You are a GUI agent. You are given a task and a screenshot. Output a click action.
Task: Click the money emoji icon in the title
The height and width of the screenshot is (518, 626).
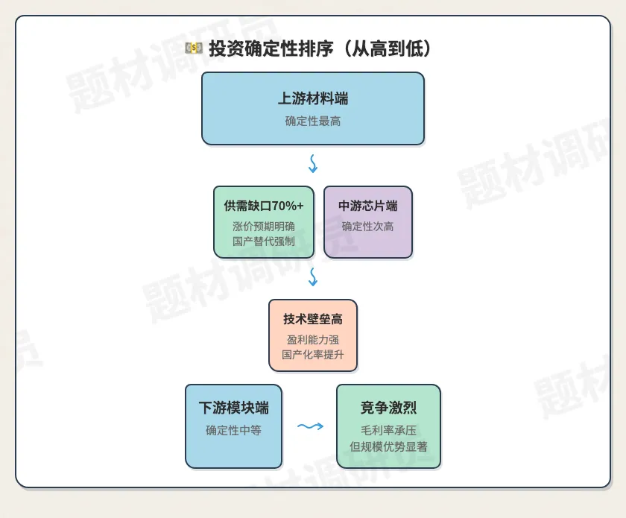194,48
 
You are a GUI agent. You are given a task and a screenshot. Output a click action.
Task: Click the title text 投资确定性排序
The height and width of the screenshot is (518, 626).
271,48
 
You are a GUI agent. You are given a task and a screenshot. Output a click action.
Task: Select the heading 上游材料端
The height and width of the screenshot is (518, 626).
313,98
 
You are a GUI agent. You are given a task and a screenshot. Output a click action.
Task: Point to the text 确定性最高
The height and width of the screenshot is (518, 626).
313,121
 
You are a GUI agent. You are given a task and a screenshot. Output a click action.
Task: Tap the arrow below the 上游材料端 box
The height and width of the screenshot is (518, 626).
313,164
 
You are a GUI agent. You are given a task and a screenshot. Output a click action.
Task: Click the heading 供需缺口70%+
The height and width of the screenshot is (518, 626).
264,206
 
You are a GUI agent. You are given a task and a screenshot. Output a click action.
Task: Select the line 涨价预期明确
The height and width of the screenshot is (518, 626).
264,227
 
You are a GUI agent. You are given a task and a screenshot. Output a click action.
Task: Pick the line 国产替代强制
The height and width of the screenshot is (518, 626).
264,241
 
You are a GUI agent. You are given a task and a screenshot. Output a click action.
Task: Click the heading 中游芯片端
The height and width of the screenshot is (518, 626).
367,206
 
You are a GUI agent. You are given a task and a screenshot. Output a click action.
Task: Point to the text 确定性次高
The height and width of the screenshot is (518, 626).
367,227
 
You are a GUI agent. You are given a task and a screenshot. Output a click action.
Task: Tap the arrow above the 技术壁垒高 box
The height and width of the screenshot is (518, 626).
313,277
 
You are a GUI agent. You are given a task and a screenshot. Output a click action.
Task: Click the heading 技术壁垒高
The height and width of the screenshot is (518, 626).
313,319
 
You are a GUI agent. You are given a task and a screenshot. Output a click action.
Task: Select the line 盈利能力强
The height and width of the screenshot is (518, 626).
313,340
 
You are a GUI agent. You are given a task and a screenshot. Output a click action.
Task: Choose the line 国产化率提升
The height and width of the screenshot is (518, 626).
313,355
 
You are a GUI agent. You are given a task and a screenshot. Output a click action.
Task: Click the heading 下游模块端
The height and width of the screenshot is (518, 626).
233,408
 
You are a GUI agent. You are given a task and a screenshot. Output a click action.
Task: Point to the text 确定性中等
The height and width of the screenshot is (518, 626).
233,430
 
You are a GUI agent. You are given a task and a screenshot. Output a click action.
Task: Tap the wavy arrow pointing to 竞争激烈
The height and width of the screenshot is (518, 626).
310,426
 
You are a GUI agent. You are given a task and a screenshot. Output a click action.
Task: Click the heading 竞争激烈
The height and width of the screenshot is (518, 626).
388,408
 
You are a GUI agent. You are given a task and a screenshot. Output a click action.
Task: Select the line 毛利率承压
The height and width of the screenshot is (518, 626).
388,430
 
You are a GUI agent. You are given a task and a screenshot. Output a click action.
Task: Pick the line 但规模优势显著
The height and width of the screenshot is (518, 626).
388,446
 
